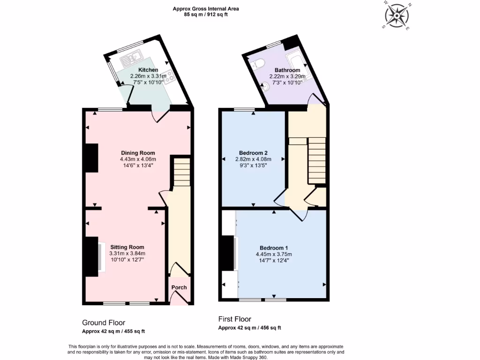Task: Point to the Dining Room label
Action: (138, 153)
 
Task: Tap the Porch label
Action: (179, 287)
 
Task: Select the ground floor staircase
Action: (182, 172)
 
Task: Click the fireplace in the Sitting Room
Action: (101, 255)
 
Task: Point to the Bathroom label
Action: (287, 70)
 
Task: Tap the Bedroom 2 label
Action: (253, 153)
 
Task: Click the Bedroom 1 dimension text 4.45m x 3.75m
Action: (274, 254)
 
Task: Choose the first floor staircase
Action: (316, 159)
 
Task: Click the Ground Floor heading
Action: (104, 322)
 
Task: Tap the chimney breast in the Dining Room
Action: (91, 158)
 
